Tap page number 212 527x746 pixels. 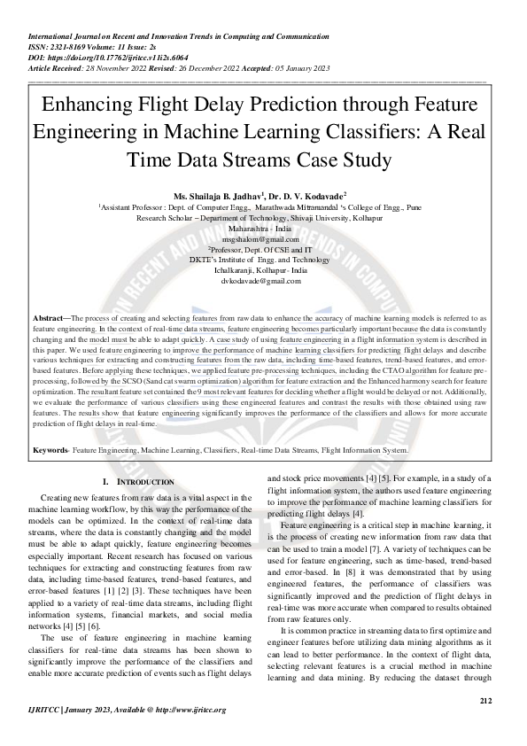pyautogui.click(x=484, y=701)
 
